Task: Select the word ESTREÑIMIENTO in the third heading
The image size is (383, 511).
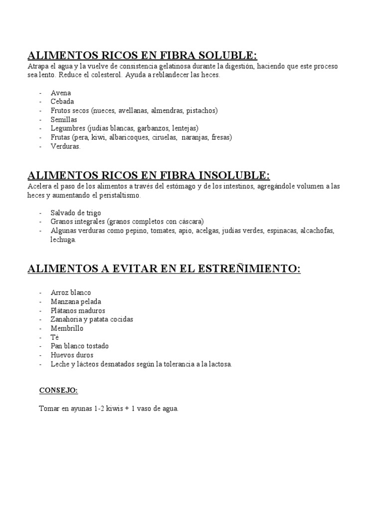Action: point(254,269)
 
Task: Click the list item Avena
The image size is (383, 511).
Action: point(61,93)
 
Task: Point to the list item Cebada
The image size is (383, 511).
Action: point(62,101)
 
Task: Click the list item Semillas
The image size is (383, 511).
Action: point(64,119)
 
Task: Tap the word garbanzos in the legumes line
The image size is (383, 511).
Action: point(153,128)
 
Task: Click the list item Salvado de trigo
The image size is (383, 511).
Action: point(76,213)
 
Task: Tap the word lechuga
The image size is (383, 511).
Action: point(63,240)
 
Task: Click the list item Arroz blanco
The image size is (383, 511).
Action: point(71,293)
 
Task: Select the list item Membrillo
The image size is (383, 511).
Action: point(67,329)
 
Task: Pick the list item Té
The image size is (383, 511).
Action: point(55,337)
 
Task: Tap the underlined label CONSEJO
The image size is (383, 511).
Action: point(59,391)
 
